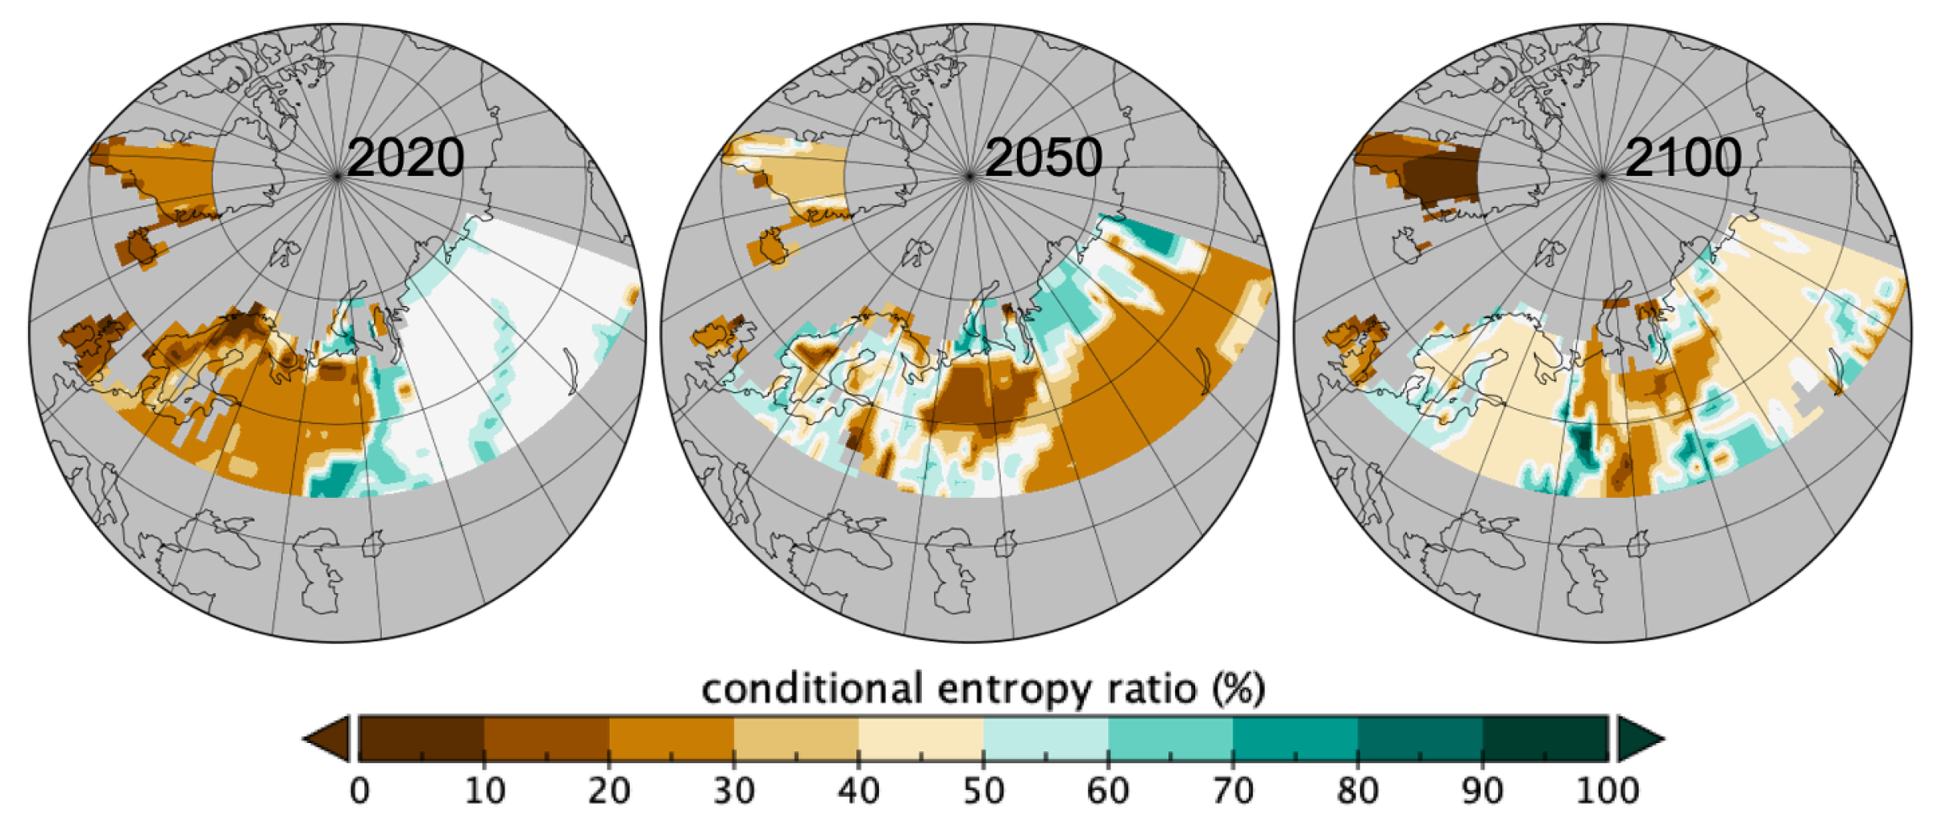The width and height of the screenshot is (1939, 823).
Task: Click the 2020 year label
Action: click(405, 157)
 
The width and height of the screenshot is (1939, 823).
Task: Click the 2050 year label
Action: click(1043, 157)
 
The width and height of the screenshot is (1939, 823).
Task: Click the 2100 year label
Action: click(1683, 157)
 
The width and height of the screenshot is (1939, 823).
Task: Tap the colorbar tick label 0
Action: click(360, 791)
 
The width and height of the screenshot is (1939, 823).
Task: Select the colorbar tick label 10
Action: click(484, 791)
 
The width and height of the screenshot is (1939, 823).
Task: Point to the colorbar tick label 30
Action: click(733, 791)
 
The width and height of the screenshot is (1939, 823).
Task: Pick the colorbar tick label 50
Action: click(983, 791)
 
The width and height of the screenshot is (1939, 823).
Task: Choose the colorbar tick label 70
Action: click(1232, 791)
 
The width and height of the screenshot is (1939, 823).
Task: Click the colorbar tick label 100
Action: click(1607, 791)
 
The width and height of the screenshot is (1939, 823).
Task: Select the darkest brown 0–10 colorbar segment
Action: click(422, 738)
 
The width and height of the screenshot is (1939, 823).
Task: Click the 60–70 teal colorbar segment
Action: click(1170, 738)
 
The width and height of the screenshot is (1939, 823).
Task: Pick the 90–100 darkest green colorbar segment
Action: click(1544, 738)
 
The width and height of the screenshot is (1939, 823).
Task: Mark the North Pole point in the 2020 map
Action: click(337, 175)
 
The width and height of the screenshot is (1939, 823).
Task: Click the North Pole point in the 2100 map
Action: click(1602, 175)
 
